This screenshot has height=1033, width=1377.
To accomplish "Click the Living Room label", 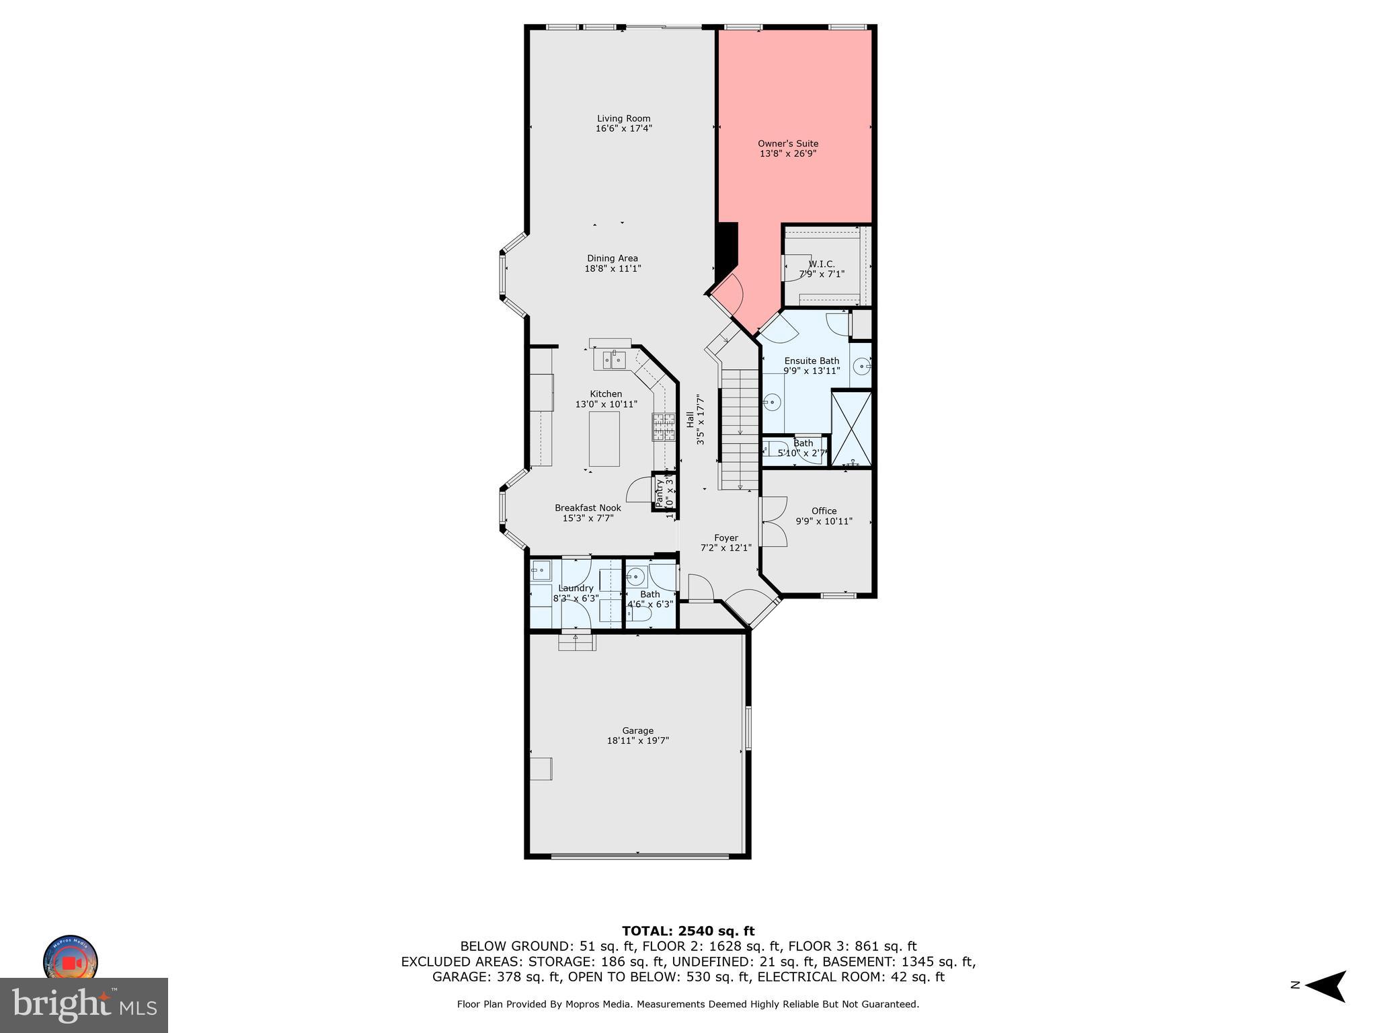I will coord(623,118).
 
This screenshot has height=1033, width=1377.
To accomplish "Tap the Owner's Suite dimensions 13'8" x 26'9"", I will coord(788,154).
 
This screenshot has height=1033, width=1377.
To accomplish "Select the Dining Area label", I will coord(612,258).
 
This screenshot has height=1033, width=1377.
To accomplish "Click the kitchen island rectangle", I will coord(604,439).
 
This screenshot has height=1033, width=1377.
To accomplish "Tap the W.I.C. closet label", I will coord(822,264).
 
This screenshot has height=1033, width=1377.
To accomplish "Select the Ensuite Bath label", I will coord(812,360).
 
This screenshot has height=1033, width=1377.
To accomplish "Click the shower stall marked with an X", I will coord(851,428).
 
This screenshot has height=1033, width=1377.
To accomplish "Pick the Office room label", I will coord(824,511).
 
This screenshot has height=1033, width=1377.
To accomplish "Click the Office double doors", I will coord(773,522).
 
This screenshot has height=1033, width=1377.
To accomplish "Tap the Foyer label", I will coord(725,538).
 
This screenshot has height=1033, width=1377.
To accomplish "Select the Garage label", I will coord(637,730).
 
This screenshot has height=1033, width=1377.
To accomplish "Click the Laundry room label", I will coord(576,588).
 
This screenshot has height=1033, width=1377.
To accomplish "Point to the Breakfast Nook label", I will coord(588,508).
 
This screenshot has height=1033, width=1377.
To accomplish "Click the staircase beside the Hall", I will coord(740,430).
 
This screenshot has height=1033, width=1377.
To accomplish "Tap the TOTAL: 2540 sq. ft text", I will coord(688,931).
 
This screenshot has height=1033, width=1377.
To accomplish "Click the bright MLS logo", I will coord(84,1005).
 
